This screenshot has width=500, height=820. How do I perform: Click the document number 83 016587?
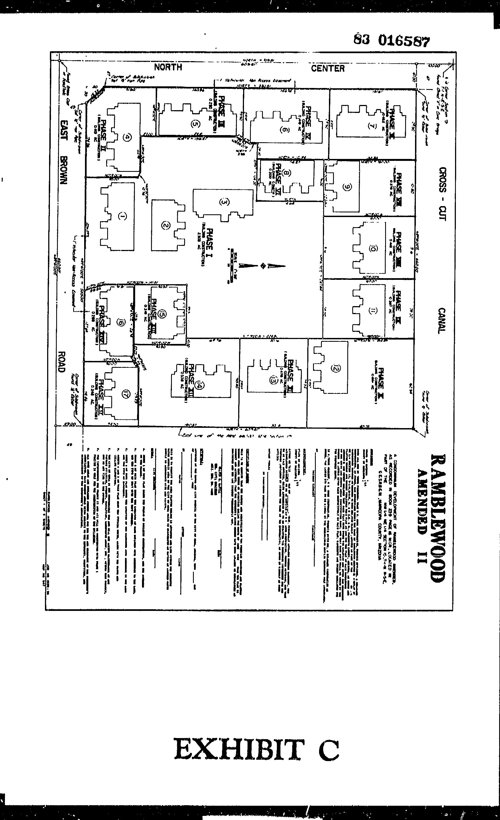391,40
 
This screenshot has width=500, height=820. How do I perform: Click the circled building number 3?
224,202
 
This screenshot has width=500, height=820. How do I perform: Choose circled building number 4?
126,137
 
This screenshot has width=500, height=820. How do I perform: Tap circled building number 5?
195,124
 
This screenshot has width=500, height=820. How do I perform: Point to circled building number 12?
336,368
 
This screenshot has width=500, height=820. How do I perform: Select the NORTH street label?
168,67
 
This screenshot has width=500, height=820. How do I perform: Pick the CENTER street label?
328,69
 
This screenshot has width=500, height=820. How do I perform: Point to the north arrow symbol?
263,266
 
